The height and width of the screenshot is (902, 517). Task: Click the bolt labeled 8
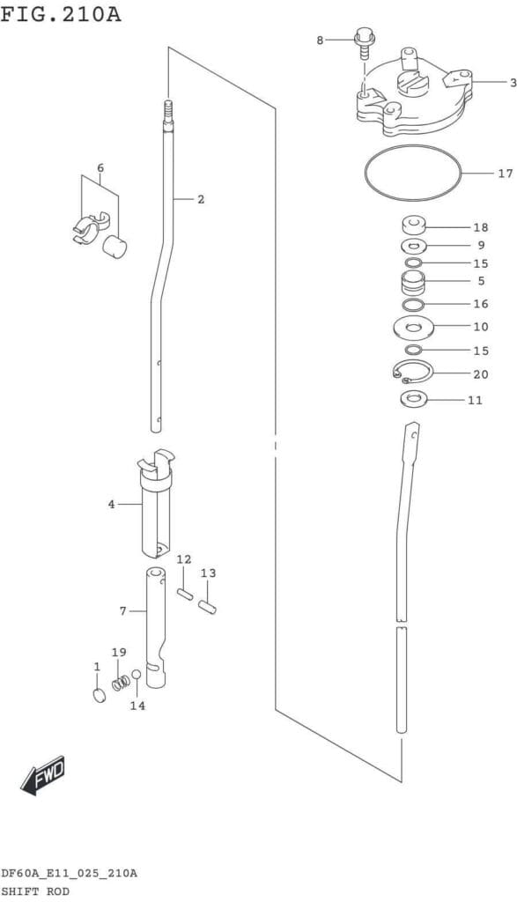364,43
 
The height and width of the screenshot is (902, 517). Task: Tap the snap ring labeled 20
413,361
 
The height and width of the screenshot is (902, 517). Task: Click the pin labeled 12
184,594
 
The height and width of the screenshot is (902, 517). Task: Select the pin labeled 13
207,608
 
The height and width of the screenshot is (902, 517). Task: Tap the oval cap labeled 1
100,696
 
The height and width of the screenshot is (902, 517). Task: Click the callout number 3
513,83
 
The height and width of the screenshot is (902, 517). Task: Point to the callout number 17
505,173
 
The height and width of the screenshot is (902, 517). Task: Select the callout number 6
100,168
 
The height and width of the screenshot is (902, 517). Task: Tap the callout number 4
111,505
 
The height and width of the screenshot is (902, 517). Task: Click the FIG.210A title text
61,13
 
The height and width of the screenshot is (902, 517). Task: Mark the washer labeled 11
412,397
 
